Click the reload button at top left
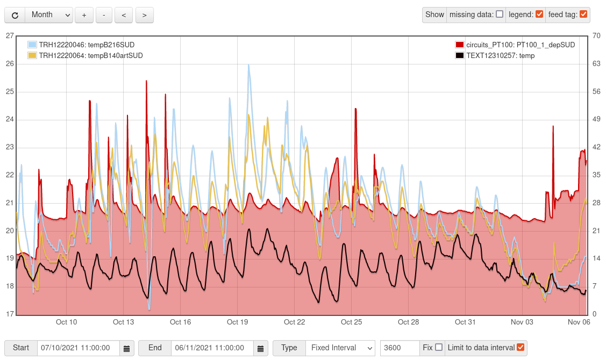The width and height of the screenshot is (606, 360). coord(15,15)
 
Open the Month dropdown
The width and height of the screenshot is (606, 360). coord(49,15)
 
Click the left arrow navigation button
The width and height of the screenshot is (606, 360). coord(124,15)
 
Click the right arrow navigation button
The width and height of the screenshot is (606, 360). coord(144,15)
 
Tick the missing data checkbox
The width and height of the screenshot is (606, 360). coord(500,15)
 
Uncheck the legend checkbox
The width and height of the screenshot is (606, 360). coord(539,15)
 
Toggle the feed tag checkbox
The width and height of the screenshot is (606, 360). coord(583,15)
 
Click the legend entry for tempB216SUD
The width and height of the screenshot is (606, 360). coord(86,45)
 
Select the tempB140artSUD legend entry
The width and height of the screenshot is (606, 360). coord(90,55)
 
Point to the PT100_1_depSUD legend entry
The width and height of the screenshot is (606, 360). coord(520,45)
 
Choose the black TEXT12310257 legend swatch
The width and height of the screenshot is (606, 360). coord(460,55)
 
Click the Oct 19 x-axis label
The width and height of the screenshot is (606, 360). coord(237,322)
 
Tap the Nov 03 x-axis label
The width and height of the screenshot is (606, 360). coord(522,322)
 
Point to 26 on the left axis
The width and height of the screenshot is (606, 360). coord(9,64)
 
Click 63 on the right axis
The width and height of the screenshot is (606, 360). coord(596,64)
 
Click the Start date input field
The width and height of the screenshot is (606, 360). coord(78,348)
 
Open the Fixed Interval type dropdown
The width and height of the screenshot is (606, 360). coord(340,348)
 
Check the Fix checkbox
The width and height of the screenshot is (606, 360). coord(439,347)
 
